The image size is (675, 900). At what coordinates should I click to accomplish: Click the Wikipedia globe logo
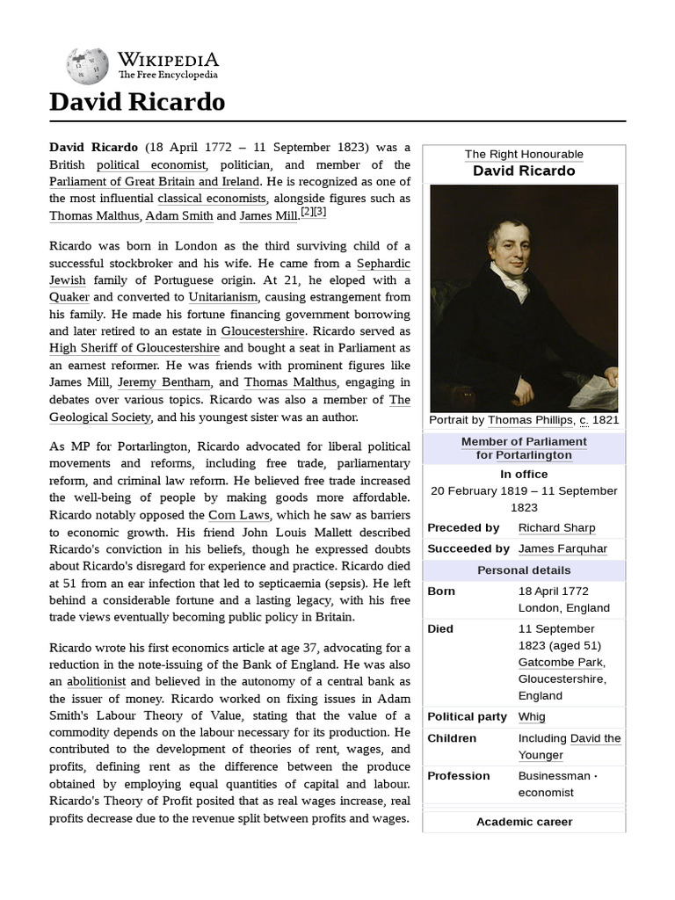click(87, 66)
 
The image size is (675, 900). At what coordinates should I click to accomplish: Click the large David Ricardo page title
click(137, 103)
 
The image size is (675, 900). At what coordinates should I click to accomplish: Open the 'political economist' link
click(151, 164)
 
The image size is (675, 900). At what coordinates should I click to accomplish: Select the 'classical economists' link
click(211, 198)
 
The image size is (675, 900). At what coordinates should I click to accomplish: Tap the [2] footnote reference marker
click(307, 213)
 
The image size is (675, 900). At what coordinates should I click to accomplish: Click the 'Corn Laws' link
click(239, 515)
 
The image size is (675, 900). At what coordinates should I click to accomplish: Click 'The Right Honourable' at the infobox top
click(524, 155)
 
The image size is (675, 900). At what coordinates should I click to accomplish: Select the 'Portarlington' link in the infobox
click(533, 455)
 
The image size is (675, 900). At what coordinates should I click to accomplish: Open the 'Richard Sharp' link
click(556, 528)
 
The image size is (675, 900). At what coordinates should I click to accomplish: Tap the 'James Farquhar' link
click(562, 548)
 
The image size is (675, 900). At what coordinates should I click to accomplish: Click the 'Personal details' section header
click(524, 570)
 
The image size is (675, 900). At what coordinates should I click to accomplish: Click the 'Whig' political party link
click(532, 717)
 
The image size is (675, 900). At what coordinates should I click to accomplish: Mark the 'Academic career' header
click(524, 822)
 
